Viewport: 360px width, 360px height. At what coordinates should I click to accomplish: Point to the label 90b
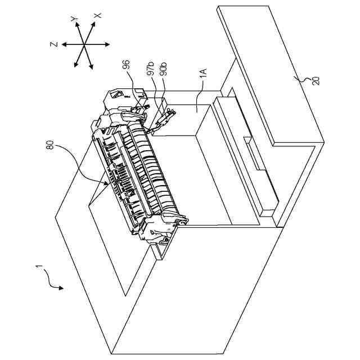point(163,72)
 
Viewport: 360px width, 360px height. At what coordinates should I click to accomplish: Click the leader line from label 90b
point(164,96)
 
